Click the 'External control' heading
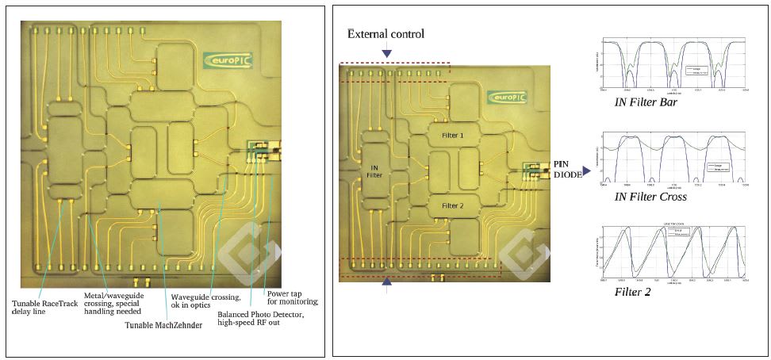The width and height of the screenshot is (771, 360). (385, 34)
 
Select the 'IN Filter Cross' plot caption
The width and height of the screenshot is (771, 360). (650, 197)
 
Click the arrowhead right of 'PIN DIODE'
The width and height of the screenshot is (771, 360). (589, 169)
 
